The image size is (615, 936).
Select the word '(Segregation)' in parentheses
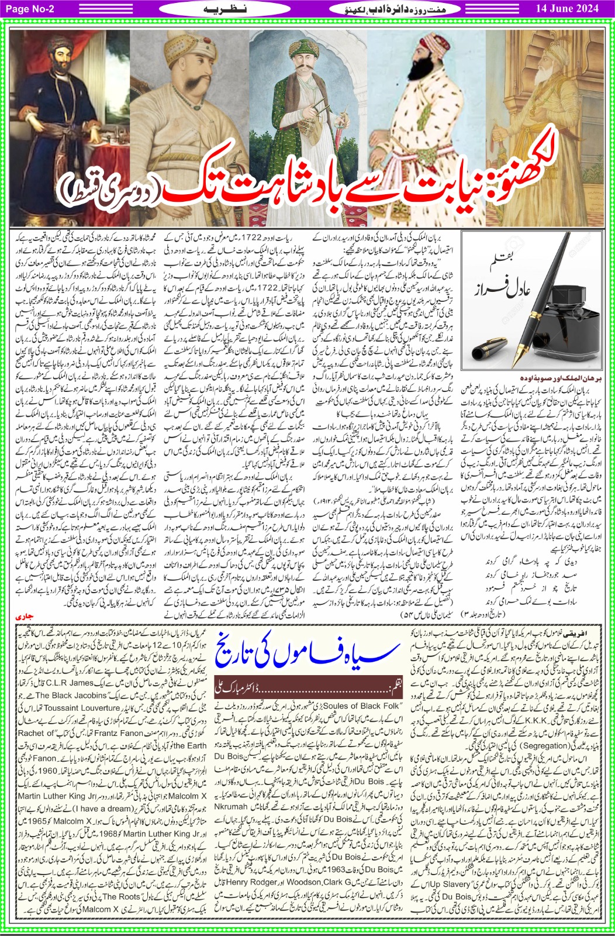tap(526, 745)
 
